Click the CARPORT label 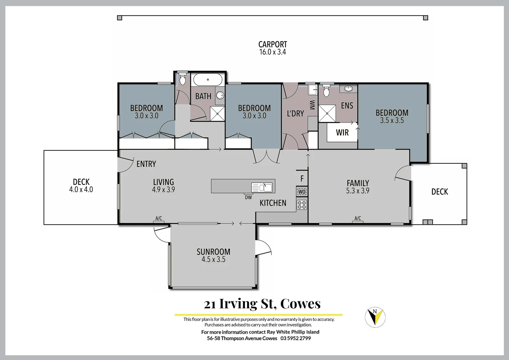(272, 44)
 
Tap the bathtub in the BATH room (208, 80)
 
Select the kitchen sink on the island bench (262, 187)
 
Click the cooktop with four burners (302, 205)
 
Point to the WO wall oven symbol (302, 192)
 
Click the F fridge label (302, 179)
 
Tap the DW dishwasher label (248, 197)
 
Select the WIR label (342, 133)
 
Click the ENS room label (347, 106)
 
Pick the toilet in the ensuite (326, 91)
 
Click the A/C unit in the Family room (357, 219)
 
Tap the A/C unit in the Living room (159, 219)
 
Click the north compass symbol (375, 317)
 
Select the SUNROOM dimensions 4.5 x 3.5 (213, 260)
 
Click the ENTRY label (146, 164)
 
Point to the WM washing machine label (312, 105)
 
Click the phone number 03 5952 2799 (295, 338)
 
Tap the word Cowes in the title (300, 304)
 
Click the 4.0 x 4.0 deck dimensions (81, 190)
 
